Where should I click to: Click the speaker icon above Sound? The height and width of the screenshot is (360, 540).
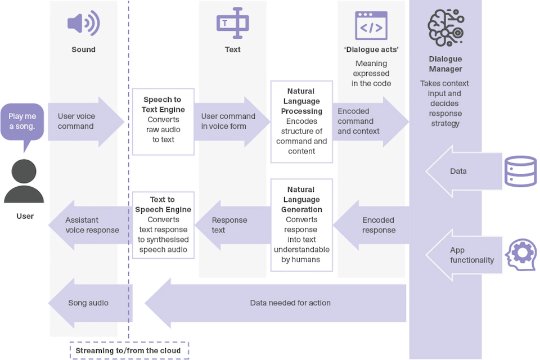pyautogui.click(x=83, y=24)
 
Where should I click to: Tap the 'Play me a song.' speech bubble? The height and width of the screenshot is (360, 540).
pyautogui.click(x=22, y=122)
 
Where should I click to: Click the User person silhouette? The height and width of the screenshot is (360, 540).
pyautogui.click(x=24, y=181)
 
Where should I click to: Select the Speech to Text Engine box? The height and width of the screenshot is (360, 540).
pyautogui.click(x=163, y=121)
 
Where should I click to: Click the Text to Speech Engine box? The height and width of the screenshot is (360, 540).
pyautogui.click(x=163, y=224)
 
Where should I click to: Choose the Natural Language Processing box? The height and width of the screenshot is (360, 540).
pyautogui.click(x=301, y=121)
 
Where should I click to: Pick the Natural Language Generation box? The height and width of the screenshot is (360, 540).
pyautogui.click(x=301, y=224)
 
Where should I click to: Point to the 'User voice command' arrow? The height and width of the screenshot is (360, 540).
pyautogui.click(x=84, y=121)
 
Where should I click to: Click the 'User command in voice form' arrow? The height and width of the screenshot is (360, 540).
pyautogui.click(x=231, y=121)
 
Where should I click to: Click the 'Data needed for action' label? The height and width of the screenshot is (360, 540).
pyautogui.click(x=290, y=303)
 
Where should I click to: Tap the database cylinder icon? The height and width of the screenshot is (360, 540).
pyautogui.click(x=521, y=171)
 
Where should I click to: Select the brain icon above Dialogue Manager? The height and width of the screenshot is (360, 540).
pyautogui.click(x=445, y=28)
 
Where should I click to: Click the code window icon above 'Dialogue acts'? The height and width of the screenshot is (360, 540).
pyautogui.click(x=371, y=25)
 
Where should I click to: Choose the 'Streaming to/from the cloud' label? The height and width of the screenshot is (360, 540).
pyautogui.click(x=129, y=350)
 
